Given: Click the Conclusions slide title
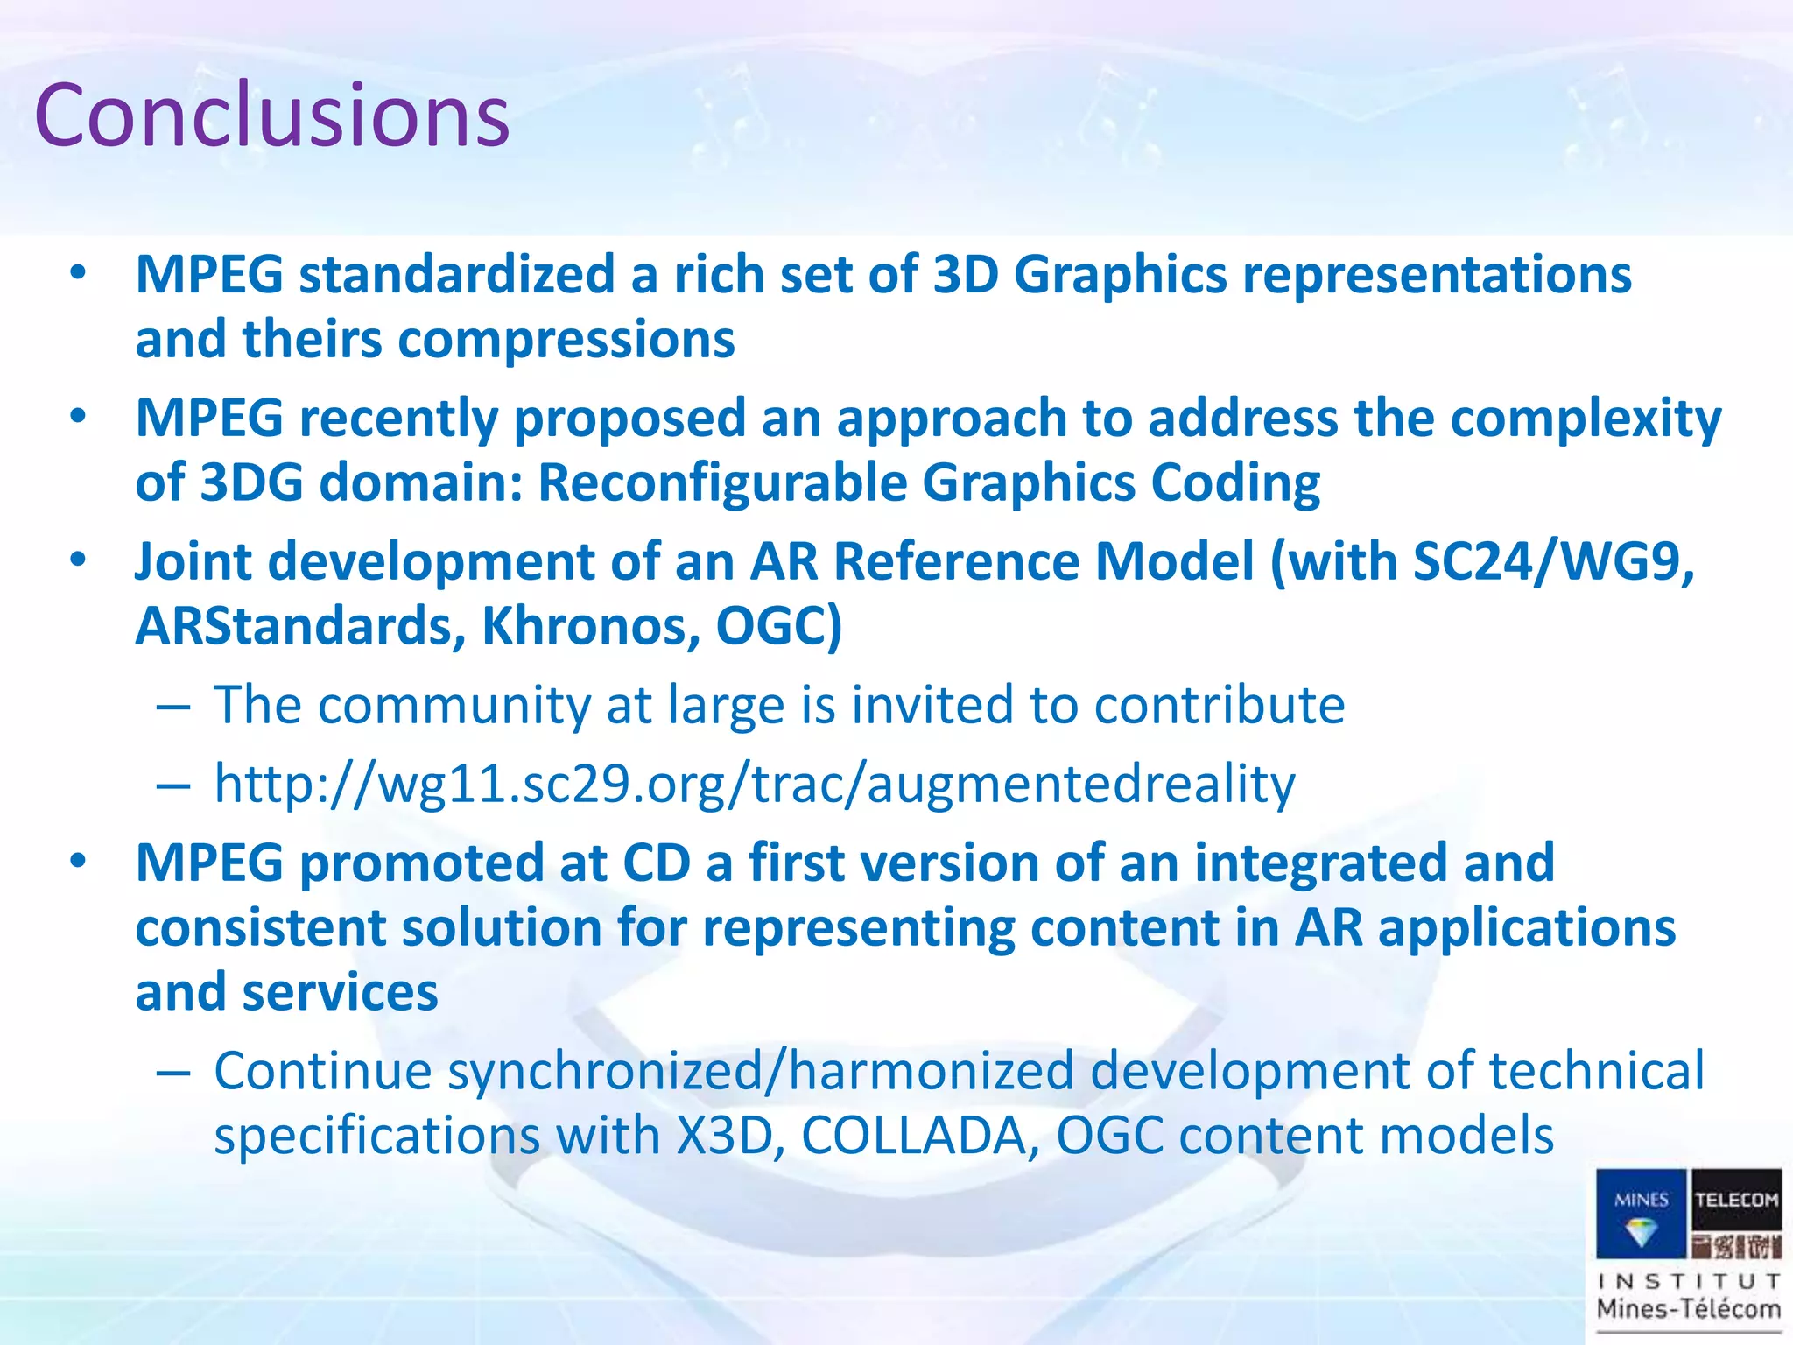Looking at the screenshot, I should click(271, 116).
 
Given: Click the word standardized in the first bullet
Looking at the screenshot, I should click(456, 275).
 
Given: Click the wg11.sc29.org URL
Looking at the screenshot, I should click(755, 784).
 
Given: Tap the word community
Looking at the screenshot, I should click(454, 706).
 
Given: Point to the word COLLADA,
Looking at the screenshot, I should click(920, 1136).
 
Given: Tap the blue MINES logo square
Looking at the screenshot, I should click(1641, 1214).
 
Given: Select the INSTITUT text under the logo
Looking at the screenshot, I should click(1689, 1282).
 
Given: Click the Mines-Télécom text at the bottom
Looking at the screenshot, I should click(1689, 1310).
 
